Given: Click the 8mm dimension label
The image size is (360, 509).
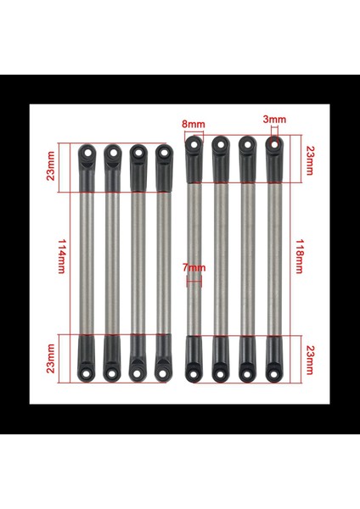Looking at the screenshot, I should (x=194, y=124).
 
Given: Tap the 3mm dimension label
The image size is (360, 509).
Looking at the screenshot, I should (x=273, y=120).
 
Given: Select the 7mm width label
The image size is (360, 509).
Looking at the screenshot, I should (x=194, y=270).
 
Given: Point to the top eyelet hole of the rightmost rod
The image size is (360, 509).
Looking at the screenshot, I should (x=273, y=144).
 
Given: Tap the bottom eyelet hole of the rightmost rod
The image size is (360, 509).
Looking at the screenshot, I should (x=273, y=370).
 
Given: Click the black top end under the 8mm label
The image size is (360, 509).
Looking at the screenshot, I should (x=194, y=161).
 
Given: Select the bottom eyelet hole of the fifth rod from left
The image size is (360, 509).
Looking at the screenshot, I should (x=194, y=370).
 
